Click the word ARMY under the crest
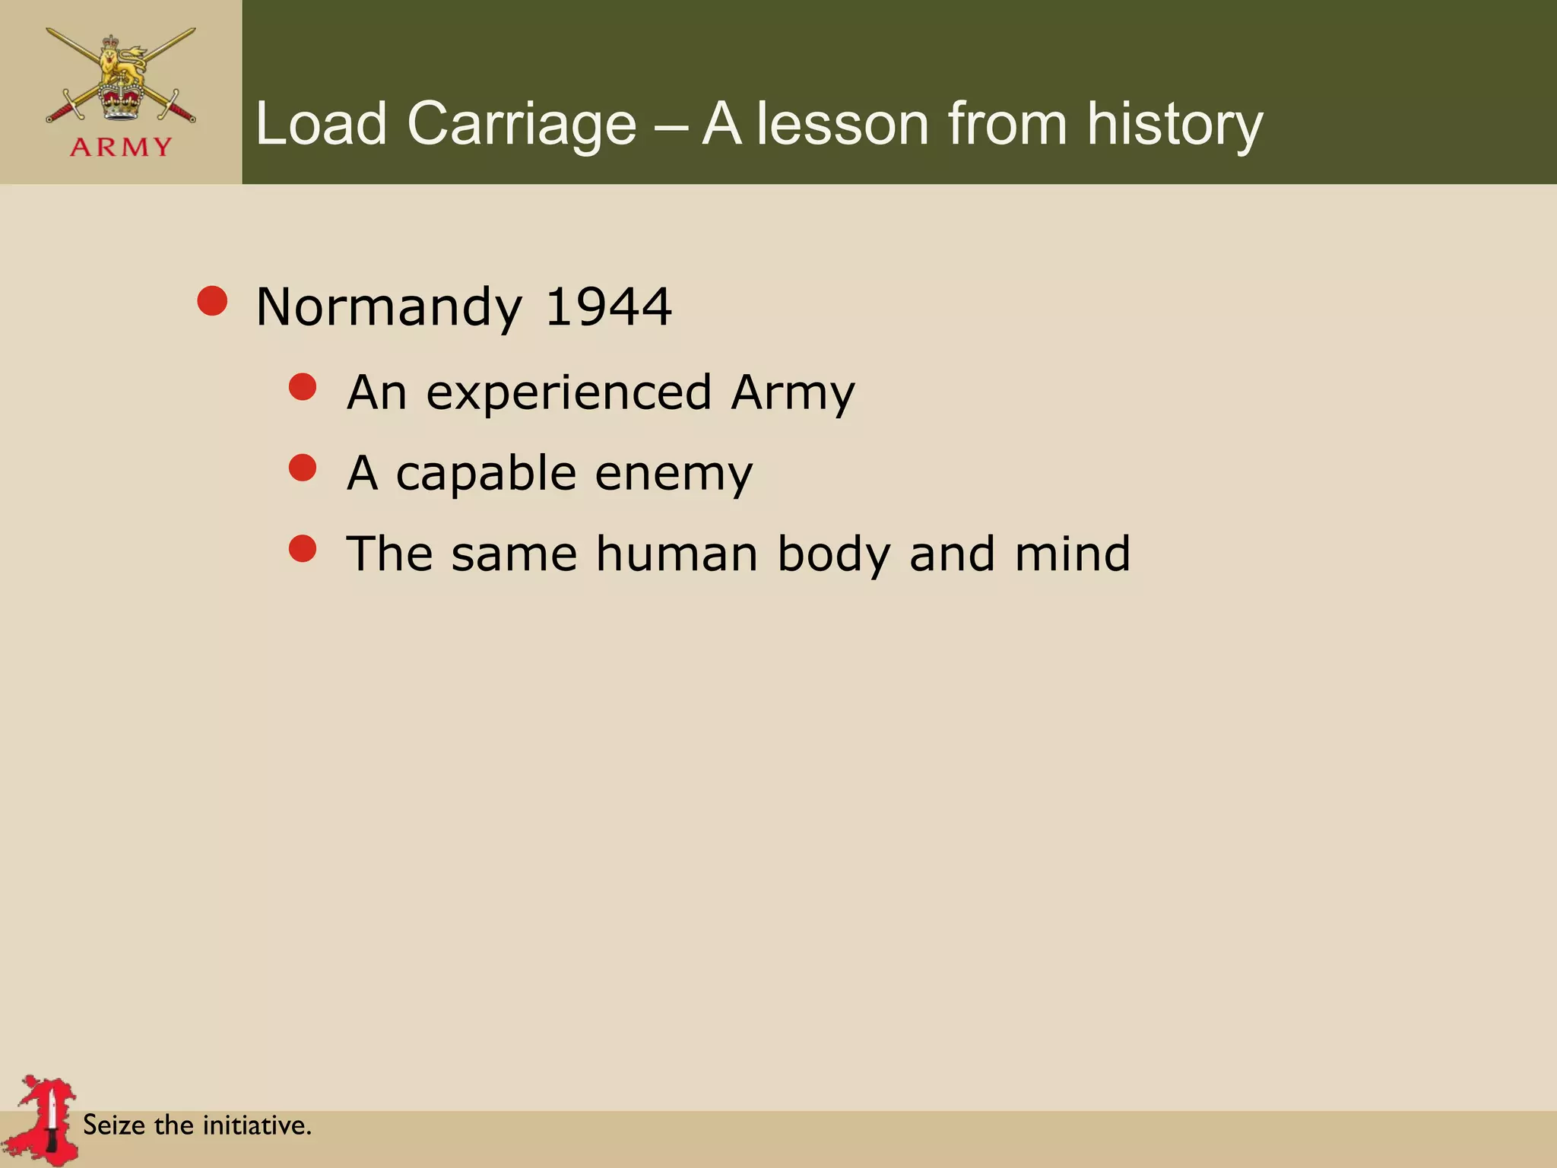121,147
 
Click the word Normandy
389,307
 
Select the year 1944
608,307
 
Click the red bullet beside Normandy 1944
212,301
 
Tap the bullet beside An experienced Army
303,387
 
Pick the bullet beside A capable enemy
303,468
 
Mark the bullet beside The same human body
303,548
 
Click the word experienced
569,393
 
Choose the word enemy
674,474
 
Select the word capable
486,474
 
